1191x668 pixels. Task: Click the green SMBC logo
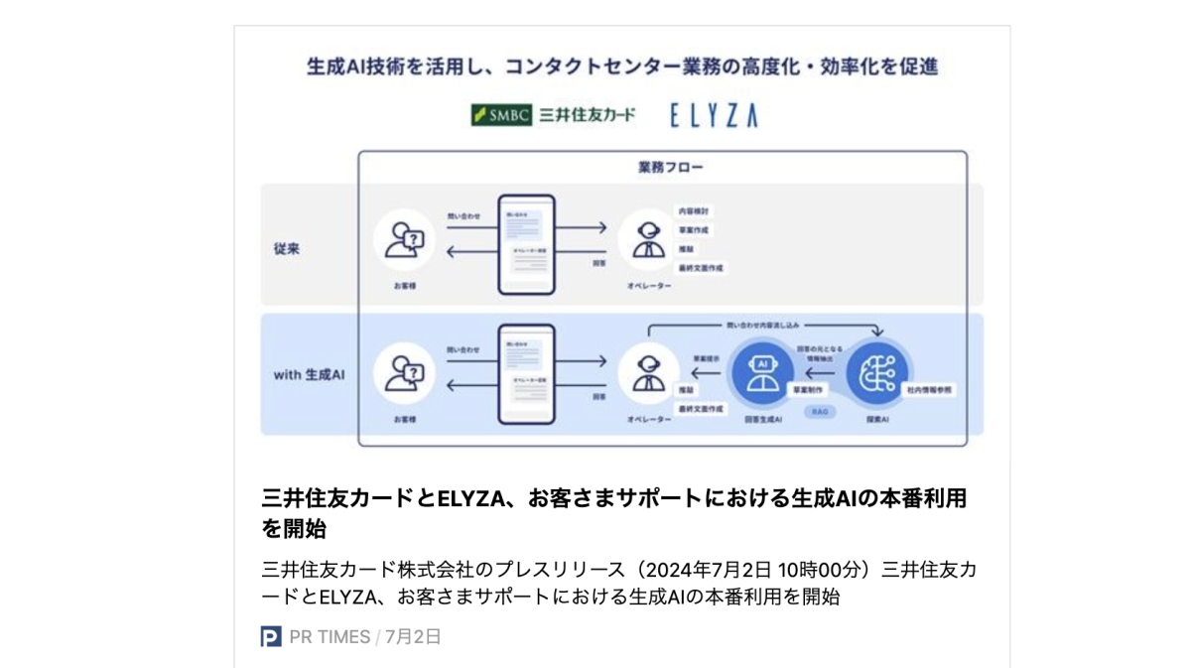pyautogui.click(x=502, y=115)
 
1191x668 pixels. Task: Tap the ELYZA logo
pyautogui.click(x=713, y=116)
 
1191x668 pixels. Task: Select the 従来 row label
pyautogui.click(x=287, y=249)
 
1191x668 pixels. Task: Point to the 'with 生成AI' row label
pyautogui.click(x=309, y=375)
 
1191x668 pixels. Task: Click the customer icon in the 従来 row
pyautogui.click(x=405, y=242)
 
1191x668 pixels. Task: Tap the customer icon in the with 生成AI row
pyautogui.click(x=405, y=373)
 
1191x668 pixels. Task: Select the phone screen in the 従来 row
pyautogui.click(x=526, y=244)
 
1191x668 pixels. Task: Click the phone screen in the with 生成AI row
pyautogui.click(x=526, y=374)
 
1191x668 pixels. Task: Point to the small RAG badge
pyautogui.click(x=820, y=411)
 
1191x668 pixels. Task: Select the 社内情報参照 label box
pyautogui.click(x=929, y=391)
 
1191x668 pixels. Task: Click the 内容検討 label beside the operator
pyautogui.click(x=694, y=211)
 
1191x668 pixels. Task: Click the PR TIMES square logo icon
pyautogui.click(x=271, y=637)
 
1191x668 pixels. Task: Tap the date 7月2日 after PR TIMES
pyautogui.click(x=413, y=637)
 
